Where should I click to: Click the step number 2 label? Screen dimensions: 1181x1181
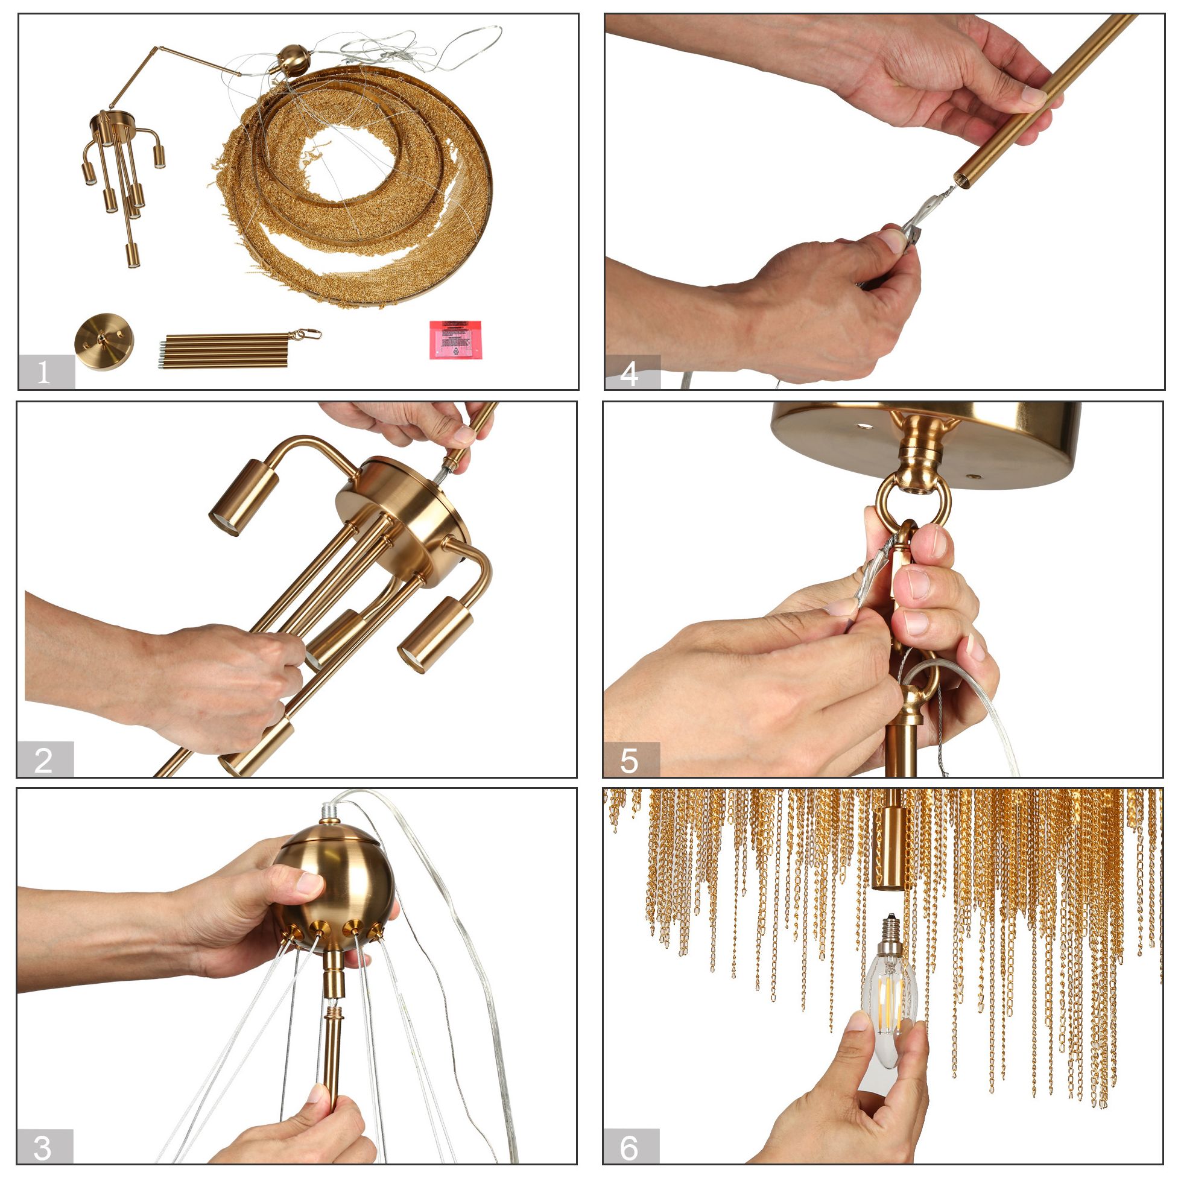pos(45,760)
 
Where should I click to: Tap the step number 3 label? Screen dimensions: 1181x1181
pos(45,1147)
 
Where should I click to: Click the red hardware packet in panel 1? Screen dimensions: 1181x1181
pos(455,340)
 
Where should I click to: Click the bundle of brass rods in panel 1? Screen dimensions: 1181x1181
pos(226,350)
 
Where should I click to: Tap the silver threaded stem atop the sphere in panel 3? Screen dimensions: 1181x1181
pos(330,812)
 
